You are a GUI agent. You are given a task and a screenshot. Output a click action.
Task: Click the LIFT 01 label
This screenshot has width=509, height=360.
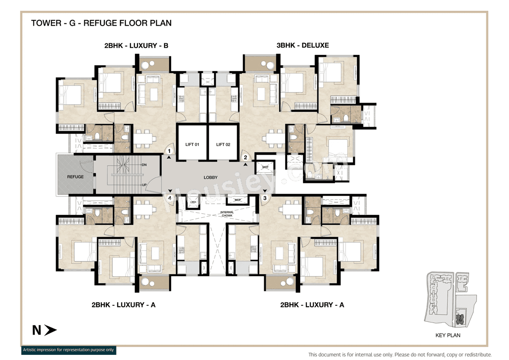click(192, 144)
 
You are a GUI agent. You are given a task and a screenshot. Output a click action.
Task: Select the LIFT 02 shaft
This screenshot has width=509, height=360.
click(223, 142)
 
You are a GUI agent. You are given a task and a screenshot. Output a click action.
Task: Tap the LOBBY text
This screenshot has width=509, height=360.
click(210, 177)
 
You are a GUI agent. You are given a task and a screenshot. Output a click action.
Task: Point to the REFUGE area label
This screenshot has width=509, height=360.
click(75, 177)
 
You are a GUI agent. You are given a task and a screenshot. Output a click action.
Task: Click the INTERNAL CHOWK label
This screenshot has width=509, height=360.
click(227, 214)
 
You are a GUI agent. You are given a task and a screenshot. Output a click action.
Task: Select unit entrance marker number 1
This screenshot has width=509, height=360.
click(169, 151)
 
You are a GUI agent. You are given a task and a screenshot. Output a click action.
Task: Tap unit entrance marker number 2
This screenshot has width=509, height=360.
click(245, 158)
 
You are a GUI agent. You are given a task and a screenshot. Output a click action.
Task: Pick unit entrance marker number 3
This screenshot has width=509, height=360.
click(264, 198)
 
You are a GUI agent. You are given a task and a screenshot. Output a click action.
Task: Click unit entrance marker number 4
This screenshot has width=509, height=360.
click(170, 197)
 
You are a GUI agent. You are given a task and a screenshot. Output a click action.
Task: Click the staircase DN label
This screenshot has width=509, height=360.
click(144, 164)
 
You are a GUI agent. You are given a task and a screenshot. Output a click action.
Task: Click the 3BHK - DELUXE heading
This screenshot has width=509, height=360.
click(303, 45)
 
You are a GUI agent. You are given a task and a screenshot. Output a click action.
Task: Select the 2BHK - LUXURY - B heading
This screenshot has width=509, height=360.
click(136, 46)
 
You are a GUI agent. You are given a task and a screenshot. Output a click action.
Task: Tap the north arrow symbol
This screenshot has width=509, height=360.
click(50, 330)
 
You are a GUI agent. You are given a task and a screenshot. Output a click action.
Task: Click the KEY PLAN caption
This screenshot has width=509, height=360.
click(448, 335)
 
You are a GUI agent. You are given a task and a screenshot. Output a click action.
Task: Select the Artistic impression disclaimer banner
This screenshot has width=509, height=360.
click(68, 350)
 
